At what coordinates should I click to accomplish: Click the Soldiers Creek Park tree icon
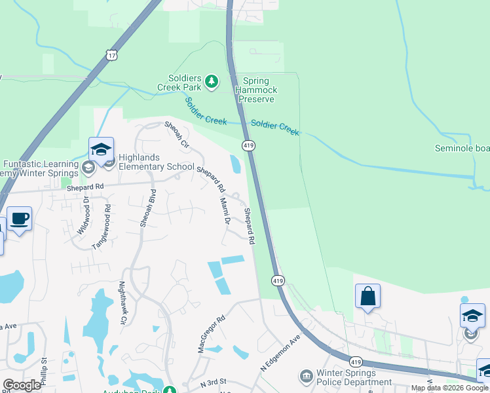click(x=211, y=81)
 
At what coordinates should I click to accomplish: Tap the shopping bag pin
click(x=368, y=295)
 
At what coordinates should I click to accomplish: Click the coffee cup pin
click(x=19, y=219)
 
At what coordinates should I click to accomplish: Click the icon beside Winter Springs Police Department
click(x=306, y=377)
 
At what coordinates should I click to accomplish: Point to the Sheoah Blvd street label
click(x=147, y=208)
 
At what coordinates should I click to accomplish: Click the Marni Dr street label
click(x=225, y=210)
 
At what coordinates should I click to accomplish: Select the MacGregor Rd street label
click(x=212, y=334)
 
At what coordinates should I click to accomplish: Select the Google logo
click(x=22, y=385)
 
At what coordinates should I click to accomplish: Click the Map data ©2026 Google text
click(x=449, y=388)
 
